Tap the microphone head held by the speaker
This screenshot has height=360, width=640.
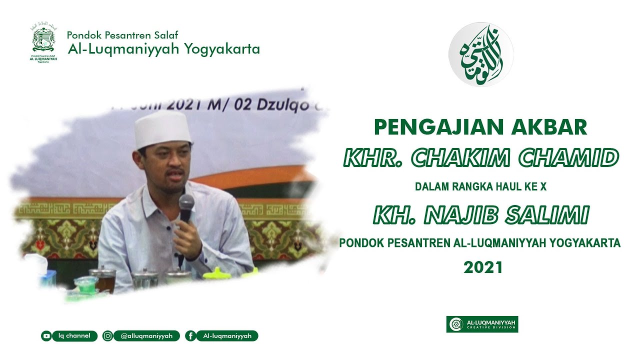point(186,203)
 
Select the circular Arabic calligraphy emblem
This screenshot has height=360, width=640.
point(480,54)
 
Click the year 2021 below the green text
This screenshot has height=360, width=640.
point(482,268)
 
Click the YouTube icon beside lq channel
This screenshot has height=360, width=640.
point(46,336)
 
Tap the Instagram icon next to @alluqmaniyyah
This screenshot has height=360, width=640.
point(107,336)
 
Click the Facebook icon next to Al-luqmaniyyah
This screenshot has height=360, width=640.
point(190,336)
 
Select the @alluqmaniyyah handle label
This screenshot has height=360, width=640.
point(146,336)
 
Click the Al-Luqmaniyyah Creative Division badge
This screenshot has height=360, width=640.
point(482,324)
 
